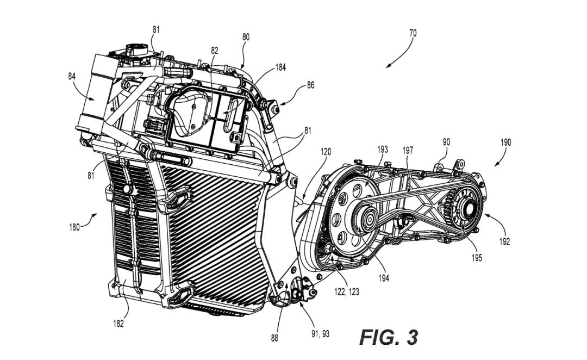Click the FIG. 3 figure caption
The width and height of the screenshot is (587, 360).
tap(389, 337)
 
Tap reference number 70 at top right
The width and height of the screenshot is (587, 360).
tap(413, 33)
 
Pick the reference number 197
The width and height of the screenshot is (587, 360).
tap(409, 150)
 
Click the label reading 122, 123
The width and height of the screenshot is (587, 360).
tap(347, 292)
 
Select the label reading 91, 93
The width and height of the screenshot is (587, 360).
tap(320, 333)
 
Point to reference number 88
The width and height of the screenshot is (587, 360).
tap(275, 337)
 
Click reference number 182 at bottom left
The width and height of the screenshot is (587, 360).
tap(118, 324)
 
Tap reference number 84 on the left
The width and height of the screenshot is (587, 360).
tap(72, 76)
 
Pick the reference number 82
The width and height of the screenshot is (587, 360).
tap(215, 51)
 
